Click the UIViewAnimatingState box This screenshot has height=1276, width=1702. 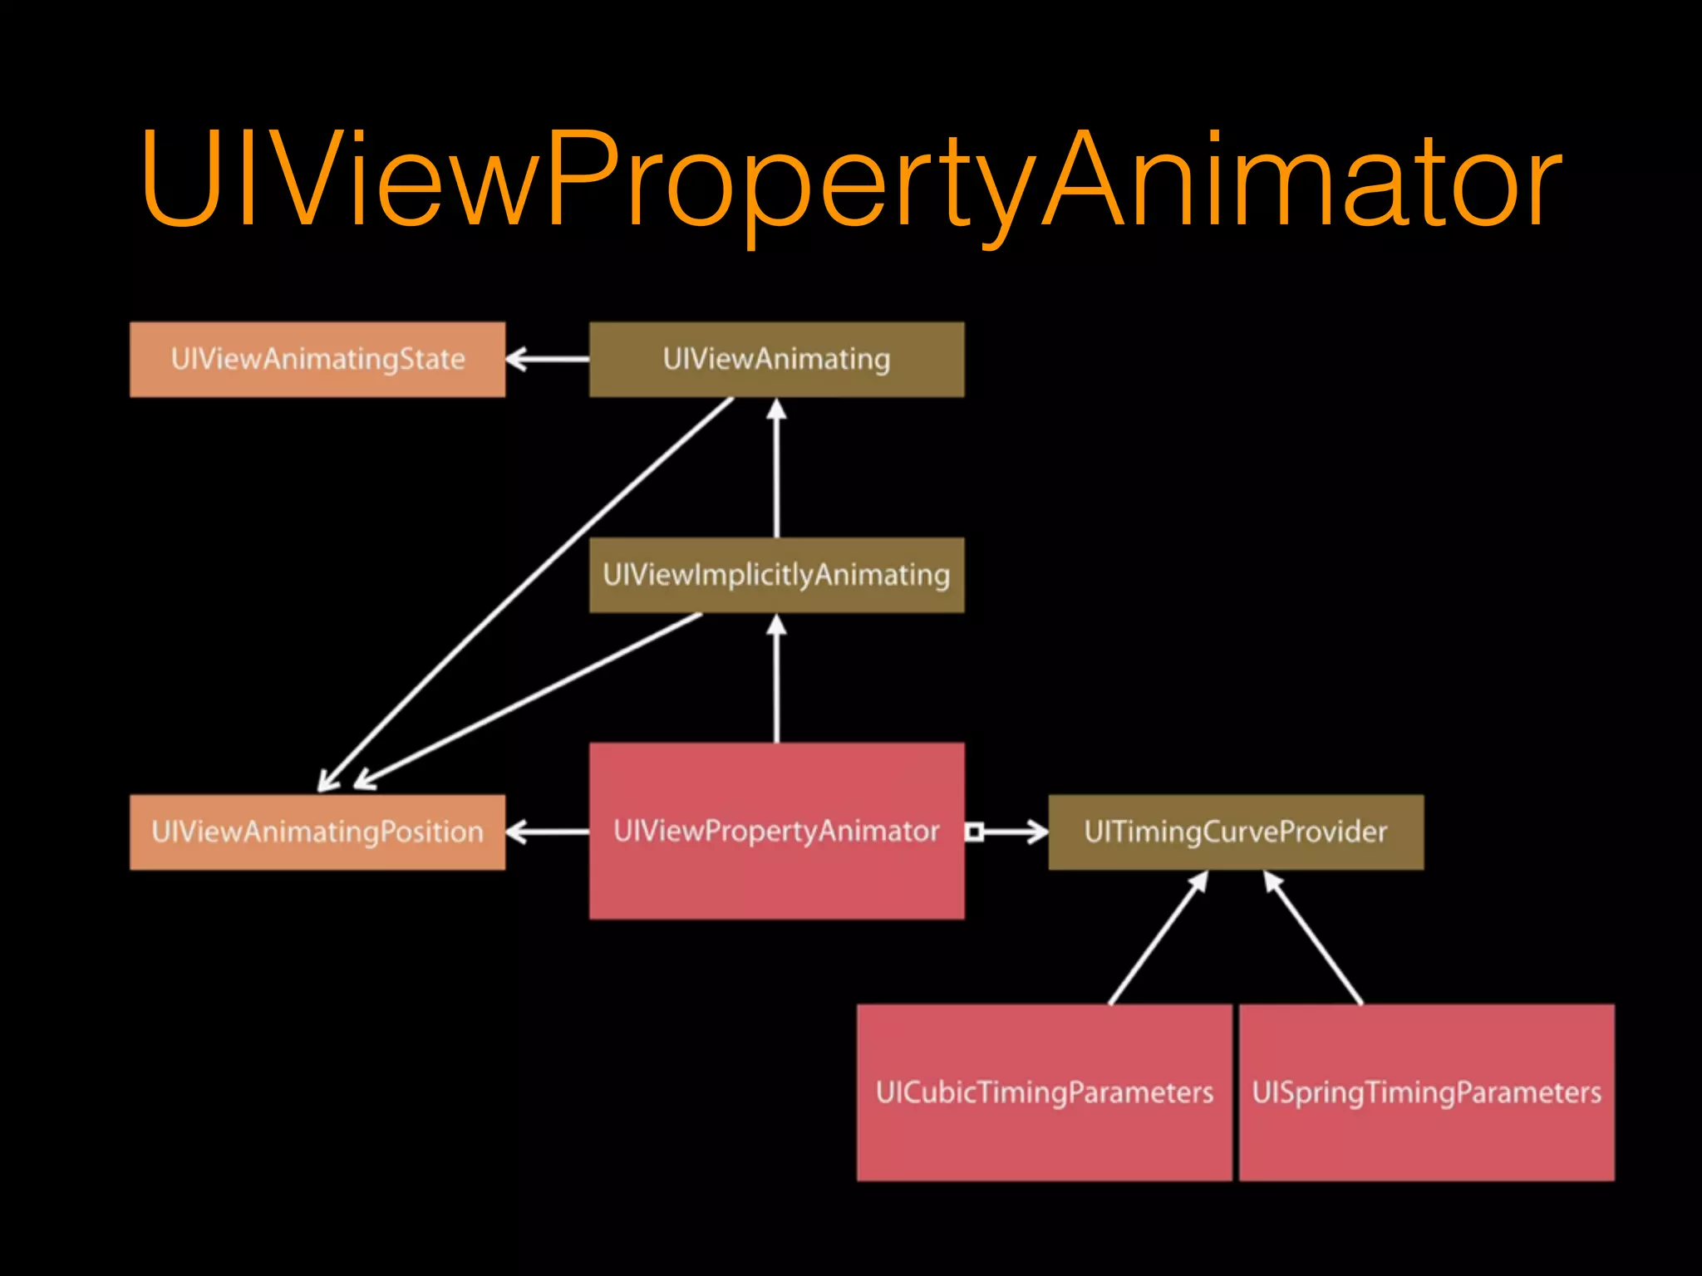click(x=317, y=359)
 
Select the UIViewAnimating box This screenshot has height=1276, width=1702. click(x=776, y=359)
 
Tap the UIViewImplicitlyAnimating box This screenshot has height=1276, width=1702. click(x=776, y=575)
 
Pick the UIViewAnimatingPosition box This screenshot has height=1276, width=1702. click(x=317, y=832)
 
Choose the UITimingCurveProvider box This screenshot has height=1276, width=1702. click(x=1236, y=832)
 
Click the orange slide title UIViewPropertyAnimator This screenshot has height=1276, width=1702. click(x=851, y=179)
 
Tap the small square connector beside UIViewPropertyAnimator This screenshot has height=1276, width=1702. click(x=975, y=832)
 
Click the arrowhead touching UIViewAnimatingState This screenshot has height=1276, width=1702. click(x=517, y=359)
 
